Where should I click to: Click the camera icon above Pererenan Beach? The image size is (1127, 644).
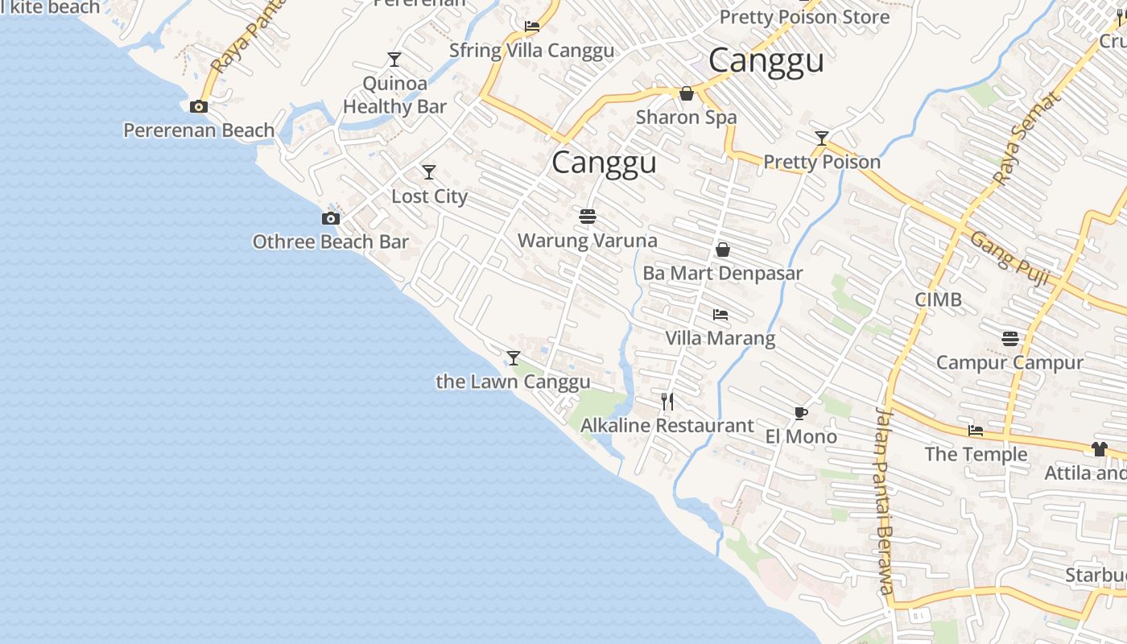click(198, 106)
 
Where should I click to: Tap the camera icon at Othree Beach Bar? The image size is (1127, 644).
click(330, 218)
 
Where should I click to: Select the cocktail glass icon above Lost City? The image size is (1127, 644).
click(429, 172)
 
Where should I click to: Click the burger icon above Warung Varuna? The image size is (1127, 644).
click(588, 217)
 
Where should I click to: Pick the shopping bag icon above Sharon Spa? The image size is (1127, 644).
click(687, 94)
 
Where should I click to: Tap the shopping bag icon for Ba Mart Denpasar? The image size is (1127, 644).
click(723, 250)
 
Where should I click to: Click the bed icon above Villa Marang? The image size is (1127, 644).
click(720, 315)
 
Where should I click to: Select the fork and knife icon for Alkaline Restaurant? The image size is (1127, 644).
click(667, 401)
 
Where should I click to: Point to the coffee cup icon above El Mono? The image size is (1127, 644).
click(800, 413)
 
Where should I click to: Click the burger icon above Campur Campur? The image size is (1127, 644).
click(1010, 339)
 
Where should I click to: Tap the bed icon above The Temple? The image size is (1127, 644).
click(976, 431)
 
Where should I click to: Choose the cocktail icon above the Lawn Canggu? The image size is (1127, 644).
click(514, 358)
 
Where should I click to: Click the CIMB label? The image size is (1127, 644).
click(938, 299)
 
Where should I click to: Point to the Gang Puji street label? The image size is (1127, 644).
click(1009, 258)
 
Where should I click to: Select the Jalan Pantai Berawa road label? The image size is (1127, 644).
click(885, 499)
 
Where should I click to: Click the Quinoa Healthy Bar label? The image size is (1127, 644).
click(394, 95)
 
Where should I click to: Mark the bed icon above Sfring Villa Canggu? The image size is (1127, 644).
click(531, 27)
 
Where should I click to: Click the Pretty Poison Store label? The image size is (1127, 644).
click(804, 17)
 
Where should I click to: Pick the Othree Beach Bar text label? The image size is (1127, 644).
click(330, 242)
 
